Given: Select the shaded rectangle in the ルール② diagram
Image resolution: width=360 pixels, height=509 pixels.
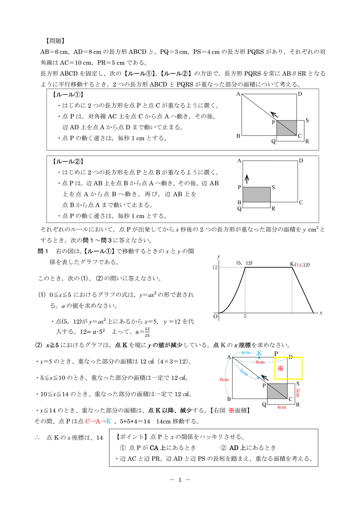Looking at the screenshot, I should point(257,194).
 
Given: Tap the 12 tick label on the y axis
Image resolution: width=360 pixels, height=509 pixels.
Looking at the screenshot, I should point(214,268).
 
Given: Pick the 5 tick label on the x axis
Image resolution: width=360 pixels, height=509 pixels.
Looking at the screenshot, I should point(245,317).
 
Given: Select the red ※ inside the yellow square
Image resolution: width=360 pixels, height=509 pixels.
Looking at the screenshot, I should point(280,369).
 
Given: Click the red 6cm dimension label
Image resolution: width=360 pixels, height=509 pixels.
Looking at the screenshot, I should point(224,380).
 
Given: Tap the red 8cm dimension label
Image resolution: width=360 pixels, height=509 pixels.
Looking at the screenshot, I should point(260,362).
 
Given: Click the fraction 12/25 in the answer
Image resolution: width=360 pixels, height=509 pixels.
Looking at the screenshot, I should point(147,331).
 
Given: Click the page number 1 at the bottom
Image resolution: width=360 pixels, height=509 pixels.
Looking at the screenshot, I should point(179,480).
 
